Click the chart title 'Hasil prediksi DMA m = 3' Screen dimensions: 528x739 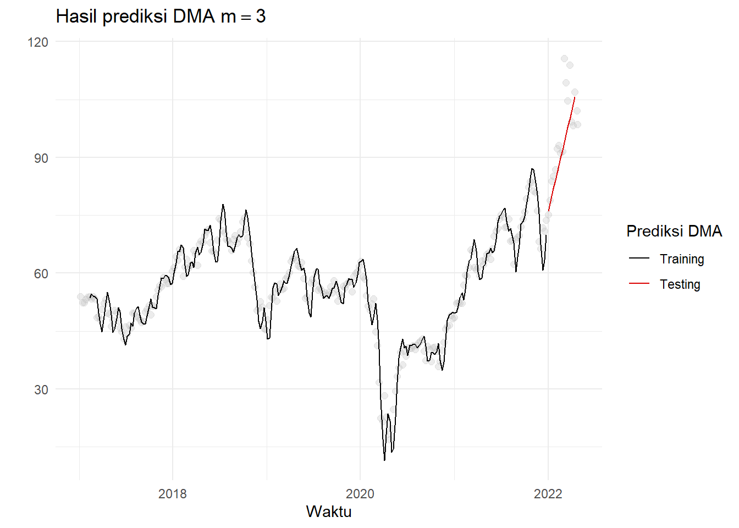pyautogui.click(x=161, y=16)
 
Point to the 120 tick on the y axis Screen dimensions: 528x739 pyautogui.click(x=38, y=42)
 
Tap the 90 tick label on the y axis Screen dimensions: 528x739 pyautogui.click(x=41, y=158)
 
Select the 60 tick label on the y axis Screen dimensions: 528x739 pyautogui.click(x=41, y=274)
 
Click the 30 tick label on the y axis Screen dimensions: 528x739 pyautogui.click(x=41, y=390)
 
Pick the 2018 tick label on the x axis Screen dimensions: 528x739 pyautogui.click(x=172, y=494)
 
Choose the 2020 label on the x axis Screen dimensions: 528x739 pyautogui.click(x=360, y=494)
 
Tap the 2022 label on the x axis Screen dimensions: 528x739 pyautogui.click(x=548, y=494)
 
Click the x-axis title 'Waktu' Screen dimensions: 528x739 pyautogui.click(x=329, y=512)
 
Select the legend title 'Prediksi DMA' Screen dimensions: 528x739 pyautogui.click(x=674, y=231)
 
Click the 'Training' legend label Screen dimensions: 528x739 pyautogui.click(x=682, y=259)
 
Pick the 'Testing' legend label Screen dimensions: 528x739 pyautogui.click(x=680, y=284)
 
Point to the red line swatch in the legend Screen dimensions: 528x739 pyautogui.click(x=639, y=284)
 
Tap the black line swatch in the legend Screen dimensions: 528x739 pyautogui.click(x=639, y=258)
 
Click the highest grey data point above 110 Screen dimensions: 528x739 pyautogui.click(x=564, y=59)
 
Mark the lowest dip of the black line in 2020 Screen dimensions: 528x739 pyautogui.click(x=384, y=460)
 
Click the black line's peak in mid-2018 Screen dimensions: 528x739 pyautogui.click(x=223, y=205)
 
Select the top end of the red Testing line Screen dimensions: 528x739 pyautogui.click(x=575, y=97)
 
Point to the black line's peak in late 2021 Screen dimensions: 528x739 pyautogui.click(x=532, y=169)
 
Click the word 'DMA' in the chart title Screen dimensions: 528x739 pyautogui.click(x=193, y=16)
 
